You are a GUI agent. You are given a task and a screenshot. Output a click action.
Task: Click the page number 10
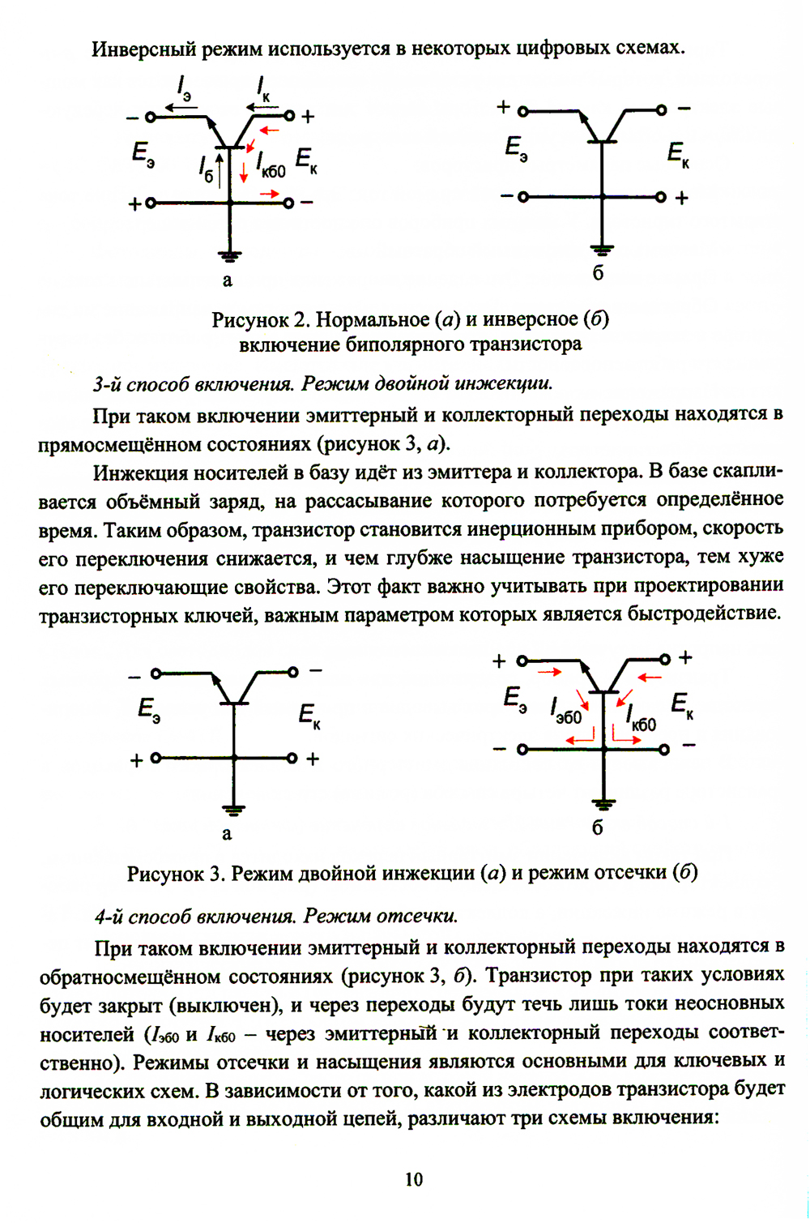click(413, 1179)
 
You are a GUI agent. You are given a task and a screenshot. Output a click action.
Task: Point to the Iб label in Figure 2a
click(206, 168)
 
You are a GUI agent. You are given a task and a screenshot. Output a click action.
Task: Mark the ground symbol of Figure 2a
click(231, 258)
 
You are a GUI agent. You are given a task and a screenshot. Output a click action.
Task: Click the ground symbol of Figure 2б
click(601, 250)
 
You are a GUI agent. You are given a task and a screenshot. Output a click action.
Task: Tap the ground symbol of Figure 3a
click(233, 810)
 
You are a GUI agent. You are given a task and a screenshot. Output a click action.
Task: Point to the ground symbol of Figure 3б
click(603, 804)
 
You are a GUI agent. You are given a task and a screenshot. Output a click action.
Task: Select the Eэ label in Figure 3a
click(149, 711)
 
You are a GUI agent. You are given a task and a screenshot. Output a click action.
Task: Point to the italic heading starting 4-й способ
click(275, 916)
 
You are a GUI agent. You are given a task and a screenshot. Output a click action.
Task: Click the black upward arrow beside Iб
click(220, 170)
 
